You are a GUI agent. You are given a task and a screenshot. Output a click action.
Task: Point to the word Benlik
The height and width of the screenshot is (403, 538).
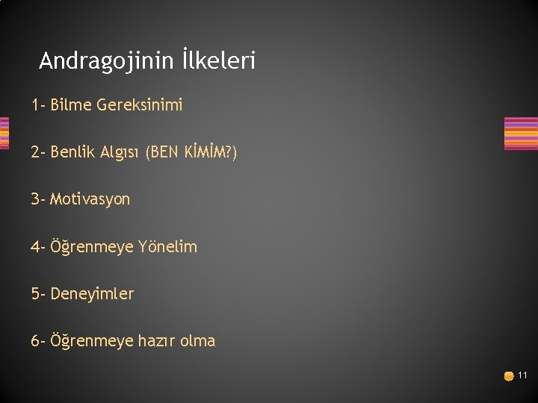73,152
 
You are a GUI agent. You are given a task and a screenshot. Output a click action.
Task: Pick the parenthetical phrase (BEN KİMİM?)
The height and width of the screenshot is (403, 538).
192,152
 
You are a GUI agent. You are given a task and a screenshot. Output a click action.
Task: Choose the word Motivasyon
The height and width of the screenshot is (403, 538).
90,199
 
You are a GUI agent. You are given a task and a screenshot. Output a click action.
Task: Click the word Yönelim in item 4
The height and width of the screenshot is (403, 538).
167,246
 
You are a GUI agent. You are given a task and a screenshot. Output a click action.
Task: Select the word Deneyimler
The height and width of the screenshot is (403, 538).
92,294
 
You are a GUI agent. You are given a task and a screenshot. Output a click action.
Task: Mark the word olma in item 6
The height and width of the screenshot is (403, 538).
198,341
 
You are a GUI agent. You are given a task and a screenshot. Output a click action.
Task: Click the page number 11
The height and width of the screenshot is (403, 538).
522,375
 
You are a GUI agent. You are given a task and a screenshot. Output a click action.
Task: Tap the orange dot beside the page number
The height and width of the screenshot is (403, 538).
509,376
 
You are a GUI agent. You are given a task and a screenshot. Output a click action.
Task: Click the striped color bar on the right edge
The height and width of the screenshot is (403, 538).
521,134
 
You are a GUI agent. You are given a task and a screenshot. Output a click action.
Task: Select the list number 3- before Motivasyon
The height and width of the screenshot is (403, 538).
38,199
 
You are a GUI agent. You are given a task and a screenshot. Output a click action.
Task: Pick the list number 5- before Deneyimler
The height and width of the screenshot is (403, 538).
38,294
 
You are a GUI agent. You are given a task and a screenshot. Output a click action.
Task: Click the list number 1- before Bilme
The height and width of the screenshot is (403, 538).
38,105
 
